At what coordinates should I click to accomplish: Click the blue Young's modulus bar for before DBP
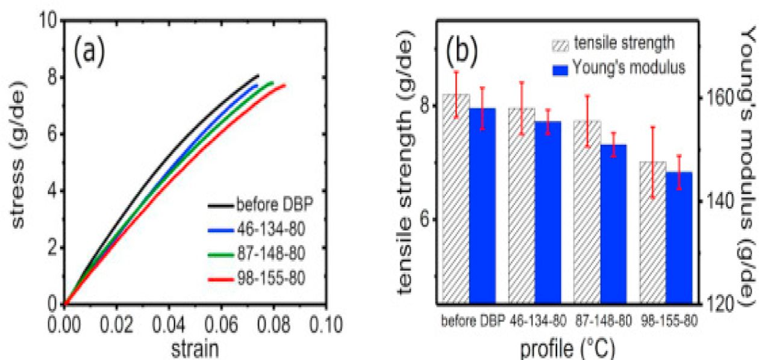483,205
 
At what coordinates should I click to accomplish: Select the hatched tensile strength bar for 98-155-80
652,232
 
